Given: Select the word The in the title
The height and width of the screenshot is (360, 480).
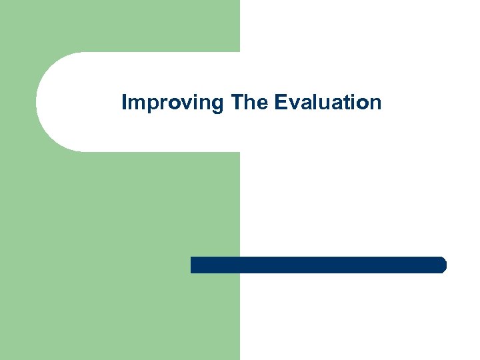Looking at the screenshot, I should pos(249,103).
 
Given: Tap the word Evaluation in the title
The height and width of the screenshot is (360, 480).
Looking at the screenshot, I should pos(327,103).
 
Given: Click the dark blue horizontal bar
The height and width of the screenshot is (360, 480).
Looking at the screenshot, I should pos(318,265).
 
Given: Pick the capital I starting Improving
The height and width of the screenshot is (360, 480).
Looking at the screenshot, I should pos(125,103).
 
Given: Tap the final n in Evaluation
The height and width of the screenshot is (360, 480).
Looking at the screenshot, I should pos(375,105).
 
